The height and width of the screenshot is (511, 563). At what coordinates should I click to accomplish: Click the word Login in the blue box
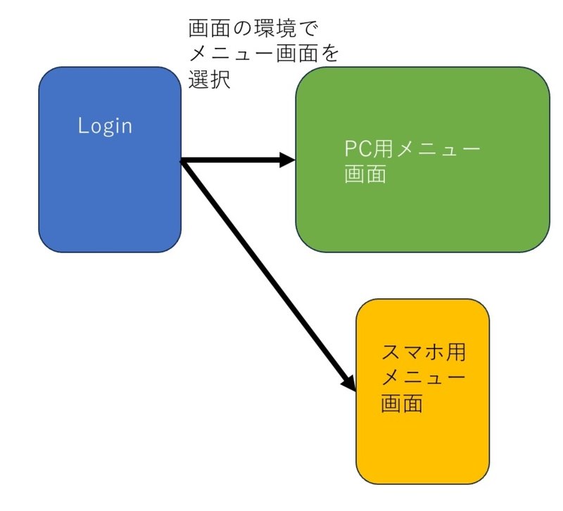click(x=105, y=126)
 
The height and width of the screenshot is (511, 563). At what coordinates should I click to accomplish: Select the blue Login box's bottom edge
click(x=110, y=251)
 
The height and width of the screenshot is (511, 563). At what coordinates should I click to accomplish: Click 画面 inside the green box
click(x=365, y=175)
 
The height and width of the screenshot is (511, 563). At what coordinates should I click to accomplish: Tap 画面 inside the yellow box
click(x=402, y=404)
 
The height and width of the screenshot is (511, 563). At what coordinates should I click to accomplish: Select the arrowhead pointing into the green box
click(x=286, y=160)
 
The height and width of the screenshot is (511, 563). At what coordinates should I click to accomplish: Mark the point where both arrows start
click(x=182, y=161)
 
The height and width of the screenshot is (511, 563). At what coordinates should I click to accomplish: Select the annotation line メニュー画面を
click(x=263, y=54)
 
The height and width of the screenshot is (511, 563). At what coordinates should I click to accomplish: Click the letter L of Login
click(x=82, y=126)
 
